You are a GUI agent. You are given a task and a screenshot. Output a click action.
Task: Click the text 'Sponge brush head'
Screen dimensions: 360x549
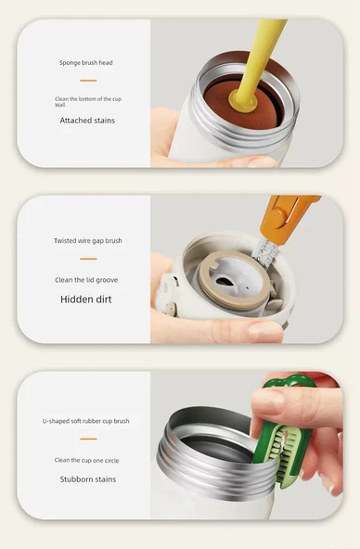pos(85,63)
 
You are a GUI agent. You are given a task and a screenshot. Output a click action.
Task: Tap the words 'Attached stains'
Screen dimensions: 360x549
pos(87,121)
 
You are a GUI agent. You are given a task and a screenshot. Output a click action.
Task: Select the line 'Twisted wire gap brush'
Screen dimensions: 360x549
pos(88,241)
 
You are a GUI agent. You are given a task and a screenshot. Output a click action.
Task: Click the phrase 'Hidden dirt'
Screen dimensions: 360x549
pos(85,300)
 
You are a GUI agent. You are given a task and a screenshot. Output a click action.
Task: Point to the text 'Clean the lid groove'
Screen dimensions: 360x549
pos(86,280)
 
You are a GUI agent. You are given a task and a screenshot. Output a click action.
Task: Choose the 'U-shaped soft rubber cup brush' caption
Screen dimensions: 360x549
pos(85,421)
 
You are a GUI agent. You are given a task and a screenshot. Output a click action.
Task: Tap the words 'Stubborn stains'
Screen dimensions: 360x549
pos(87,479)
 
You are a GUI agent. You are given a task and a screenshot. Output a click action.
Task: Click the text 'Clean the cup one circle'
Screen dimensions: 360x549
pos(86,460)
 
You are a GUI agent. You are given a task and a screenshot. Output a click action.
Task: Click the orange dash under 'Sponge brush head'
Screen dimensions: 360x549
pos(88,81)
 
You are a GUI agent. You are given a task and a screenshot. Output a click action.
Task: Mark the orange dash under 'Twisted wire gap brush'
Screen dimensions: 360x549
pos(88,259)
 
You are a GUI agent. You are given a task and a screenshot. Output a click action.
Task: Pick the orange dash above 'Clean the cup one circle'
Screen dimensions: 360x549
pos(88,439)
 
